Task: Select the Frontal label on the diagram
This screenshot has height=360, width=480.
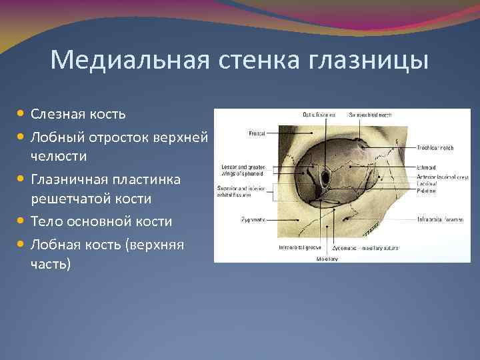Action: (256, 133)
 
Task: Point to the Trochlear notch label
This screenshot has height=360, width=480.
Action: (435, 147)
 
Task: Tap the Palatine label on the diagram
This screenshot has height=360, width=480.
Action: (427, 191)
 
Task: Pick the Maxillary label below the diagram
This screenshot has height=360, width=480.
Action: (326, 257)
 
